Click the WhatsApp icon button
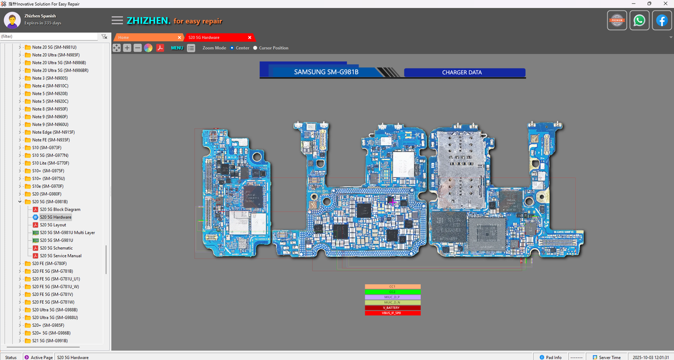point(639,21)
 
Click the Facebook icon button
point(661,21)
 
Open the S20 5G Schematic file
point(56,248)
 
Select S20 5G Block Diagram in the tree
point(60,209)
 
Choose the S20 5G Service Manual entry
point(60,256)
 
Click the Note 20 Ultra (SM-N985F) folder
point(55,55)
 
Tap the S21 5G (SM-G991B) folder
point(49,341)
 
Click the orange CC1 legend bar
point(392,287)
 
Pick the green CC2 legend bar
point(392,292)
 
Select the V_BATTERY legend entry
point(392,308)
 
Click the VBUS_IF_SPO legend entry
point(392,313)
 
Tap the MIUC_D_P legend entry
point(392,297)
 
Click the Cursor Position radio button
point(255,48)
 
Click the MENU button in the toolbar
point(177,48)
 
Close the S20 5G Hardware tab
point(250,37)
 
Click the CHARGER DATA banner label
point(462,73)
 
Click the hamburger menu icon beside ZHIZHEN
point(117,21)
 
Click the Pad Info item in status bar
point(550,357)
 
